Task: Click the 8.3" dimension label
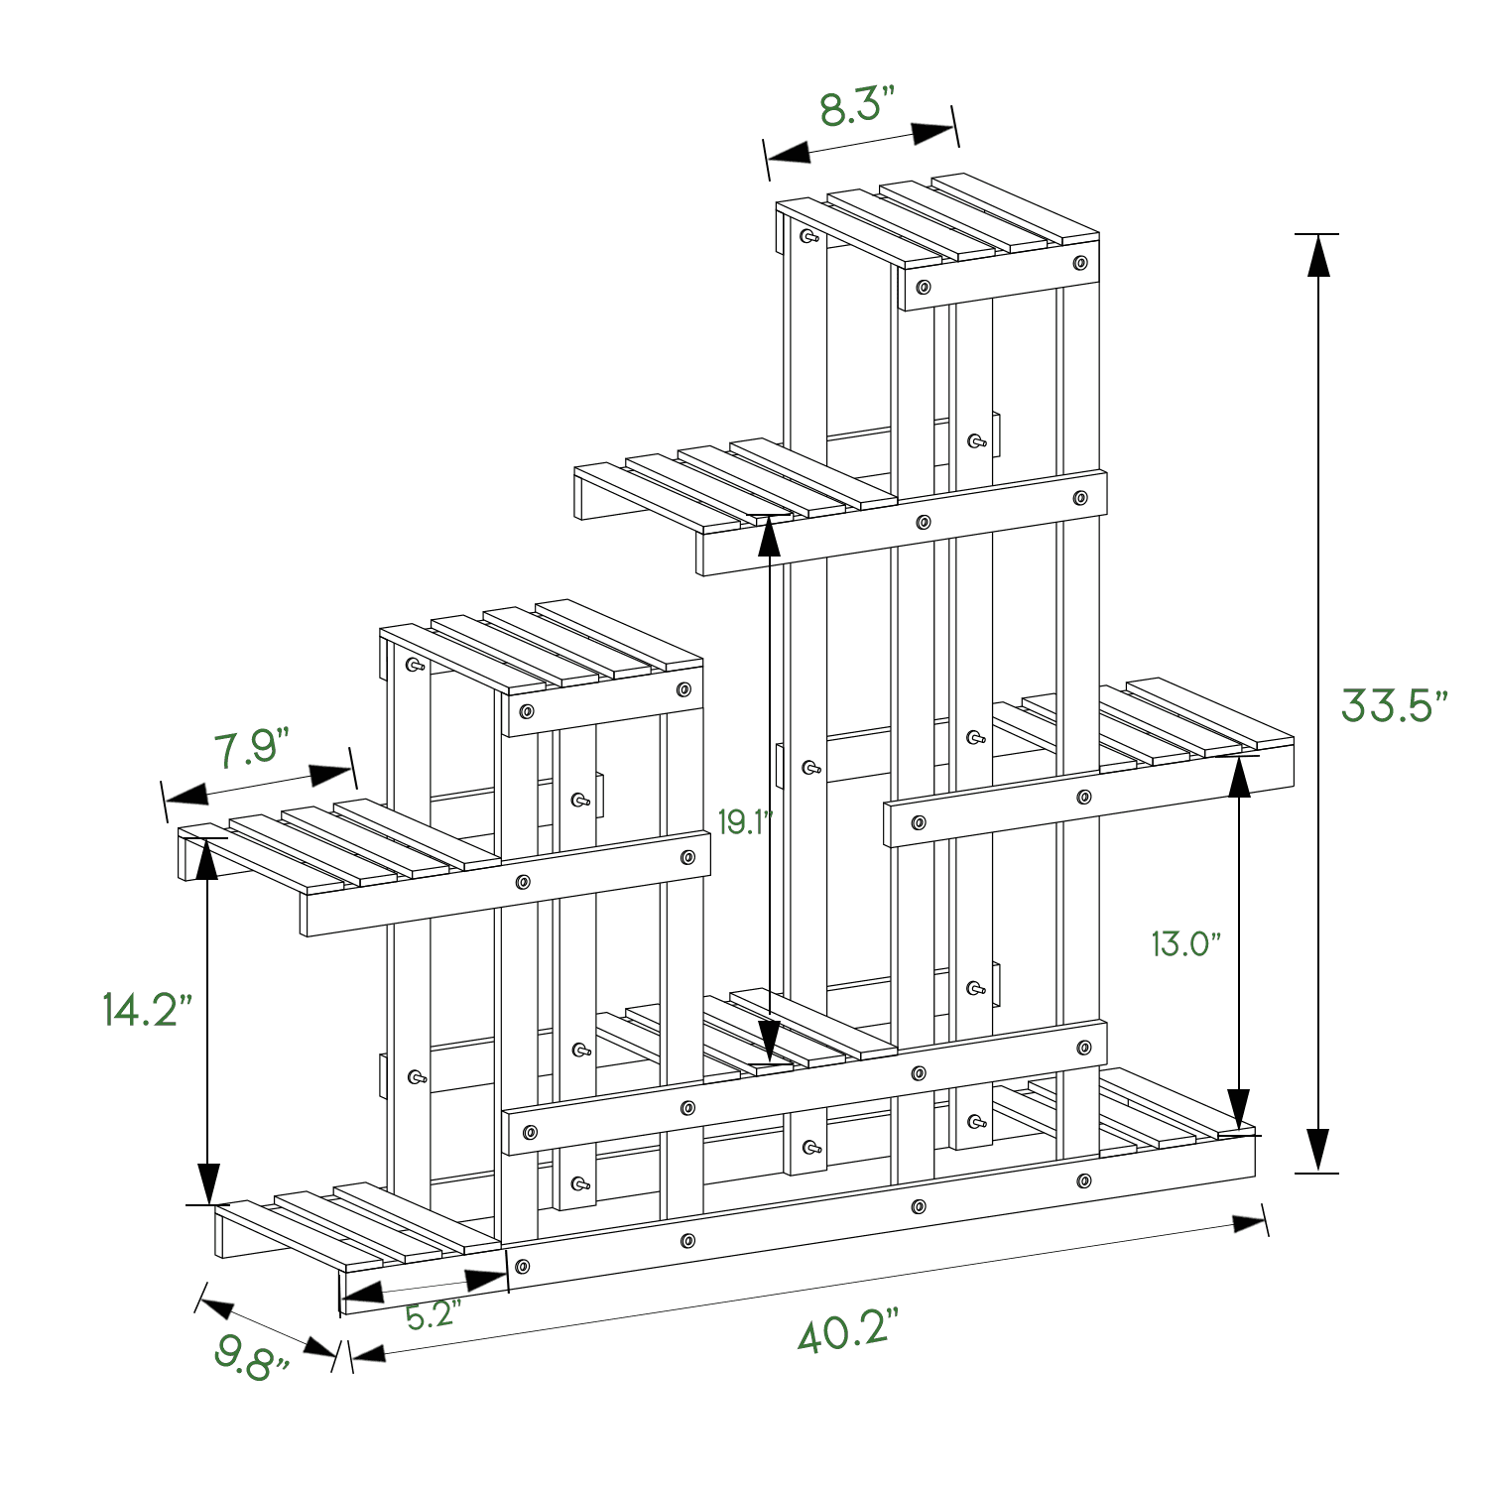(857, 107)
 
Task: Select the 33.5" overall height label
(1394, 706)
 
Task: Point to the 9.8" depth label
(252, 1356)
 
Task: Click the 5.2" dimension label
(434, 1315)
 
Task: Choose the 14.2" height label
(147, 1010)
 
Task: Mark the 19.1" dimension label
(744, 822)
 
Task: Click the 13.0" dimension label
(1185, 943)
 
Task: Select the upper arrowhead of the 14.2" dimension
(207, 859)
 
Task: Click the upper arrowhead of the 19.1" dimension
(769, 537)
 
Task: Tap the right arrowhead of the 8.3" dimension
(932, 134)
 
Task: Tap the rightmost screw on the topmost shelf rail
(1080, 263)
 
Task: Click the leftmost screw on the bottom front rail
(523, 1267)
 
